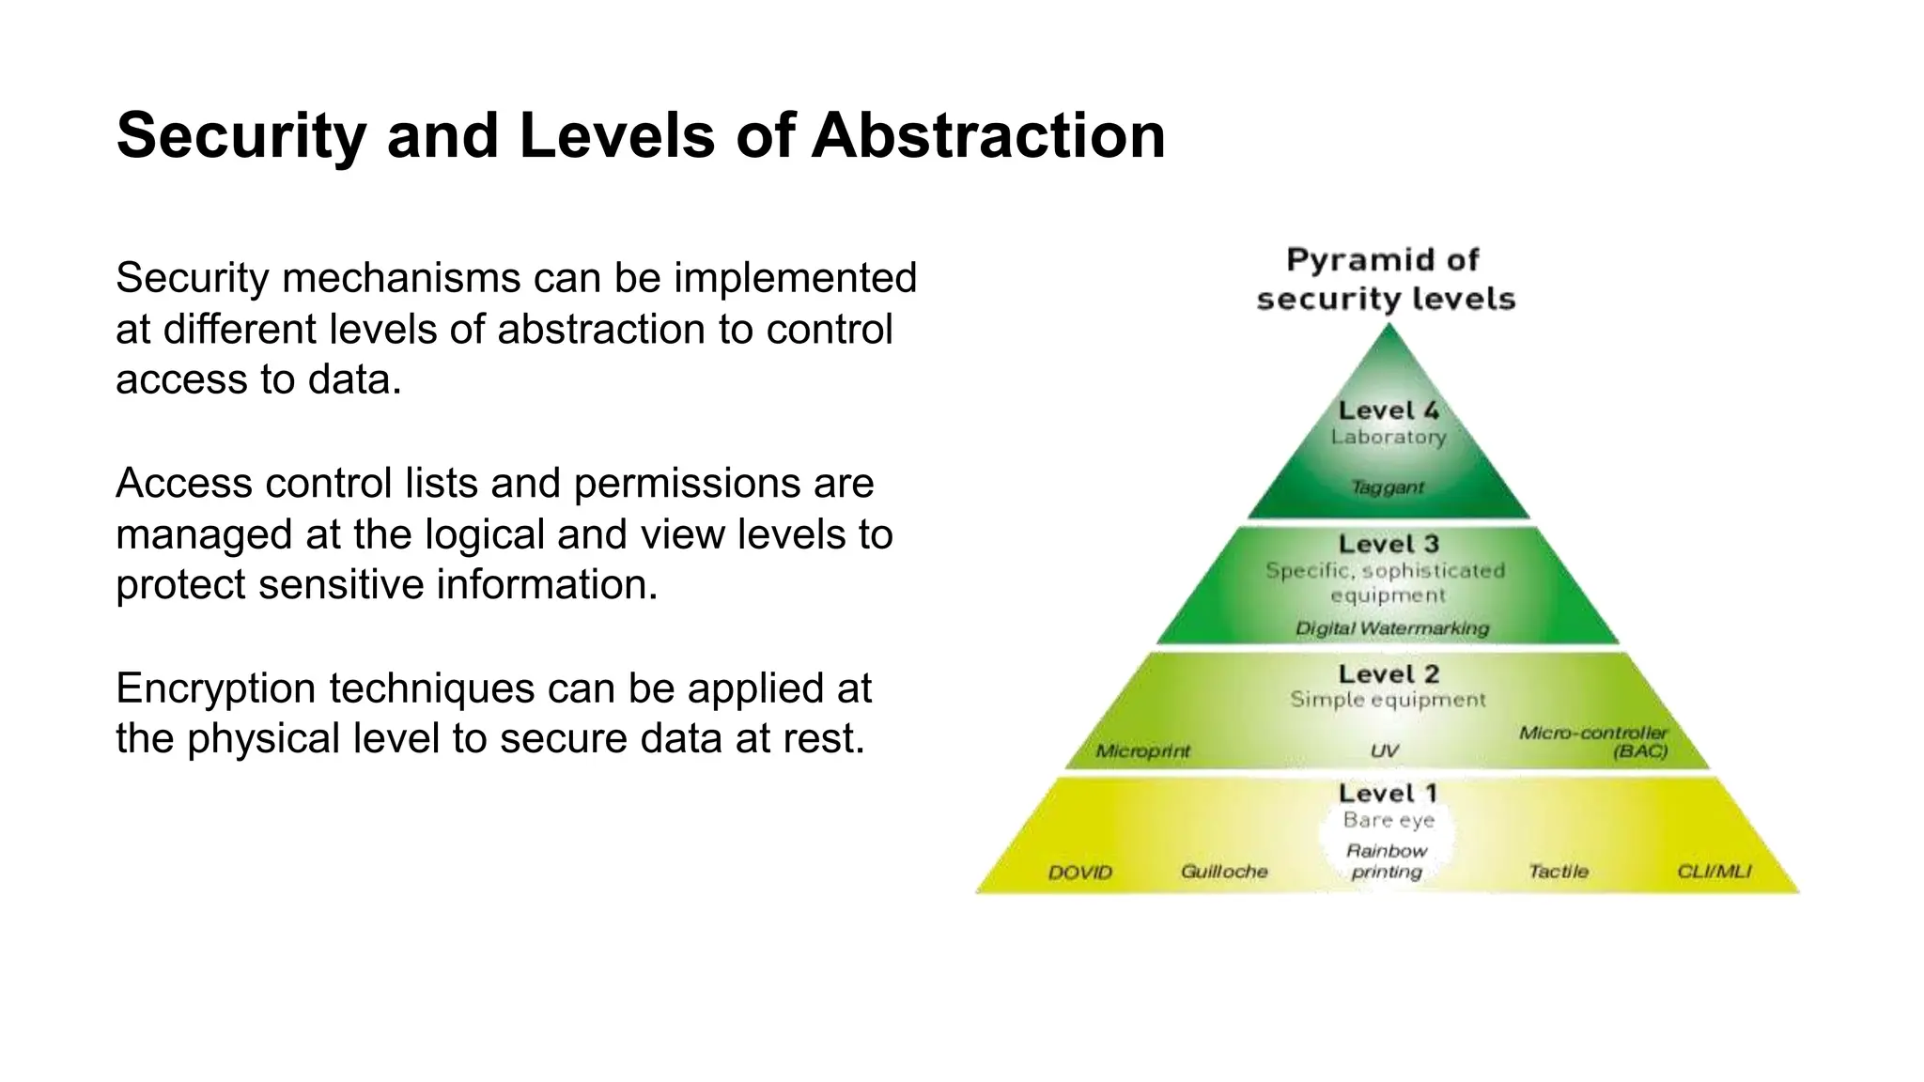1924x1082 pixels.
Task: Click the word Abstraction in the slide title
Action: pyautogui.click(x=988, y=135)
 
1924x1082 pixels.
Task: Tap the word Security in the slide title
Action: pyautogui.click(x=240, y=137)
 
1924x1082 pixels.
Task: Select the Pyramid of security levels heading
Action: pyautogui.click(x=1386, y=279)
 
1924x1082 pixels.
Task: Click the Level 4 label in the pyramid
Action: pyautogui.click(x=1389, y=410)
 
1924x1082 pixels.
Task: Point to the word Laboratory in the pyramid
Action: pyautogui.click(x=1389, y=437)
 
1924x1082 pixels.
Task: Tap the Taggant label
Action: pyautogui.click(x=1388, y=487)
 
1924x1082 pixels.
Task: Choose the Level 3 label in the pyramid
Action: pyautogui.click(x=1389, y=544)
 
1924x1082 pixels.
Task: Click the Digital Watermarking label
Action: pyautogui.click(x=1392, y=628)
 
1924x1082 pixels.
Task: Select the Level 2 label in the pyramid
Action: pyautogui.click(x=1389, y=674)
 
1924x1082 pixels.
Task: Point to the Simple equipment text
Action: pyautogui.click(x=1388, y=700)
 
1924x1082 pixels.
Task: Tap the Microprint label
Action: pyautogui.click(x=1142, y=751)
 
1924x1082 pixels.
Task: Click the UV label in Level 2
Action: pyautogui.click(x=1385, y=751)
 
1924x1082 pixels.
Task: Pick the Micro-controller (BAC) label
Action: pyautogui.click(x=1594, y=742)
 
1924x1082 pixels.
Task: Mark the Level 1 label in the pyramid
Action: pyautogui.click(x=1388, y=794)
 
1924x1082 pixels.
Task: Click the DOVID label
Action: pyautogui.click(x=1080, y=873)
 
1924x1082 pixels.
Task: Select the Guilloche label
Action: pyautogui.click(x=1224, y=872)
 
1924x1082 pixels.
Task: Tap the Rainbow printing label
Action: pyautogui.click(x=1387, y=861)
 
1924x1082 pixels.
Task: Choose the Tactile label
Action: pyautogui.click(x=1559, y=872)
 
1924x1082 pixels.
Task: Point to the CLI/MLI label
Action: pyautogui.click(x=1715, y=872)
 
